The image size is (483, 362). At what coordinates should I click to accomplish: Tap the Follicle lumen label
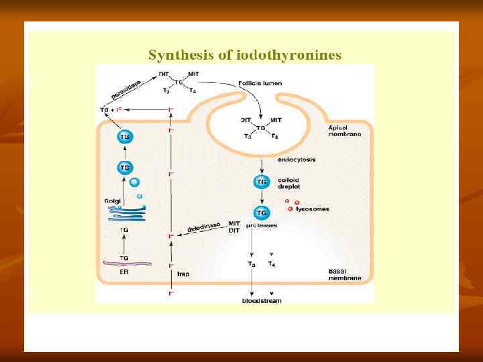(260, 83)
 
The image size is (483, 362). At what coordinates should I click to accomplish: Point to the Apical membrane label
(345, 131)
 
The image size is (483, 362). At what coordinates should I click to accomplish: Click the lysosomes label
(313, 209)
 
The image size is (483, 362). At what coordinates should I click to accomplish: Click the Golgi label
(112, 200)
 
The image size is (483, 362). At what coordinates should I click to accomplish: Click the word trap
(183, 274)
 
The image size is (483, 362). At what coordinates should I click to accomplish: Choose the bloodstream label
(262, 301)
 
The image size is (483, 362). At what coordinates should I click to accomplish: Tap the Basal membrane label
(345, 274)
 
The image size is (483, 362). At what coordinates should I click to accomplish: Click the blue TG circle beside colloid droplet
(261, 182)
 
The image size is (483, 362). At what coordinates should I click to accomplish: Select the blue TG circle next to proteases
(261, 213)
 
